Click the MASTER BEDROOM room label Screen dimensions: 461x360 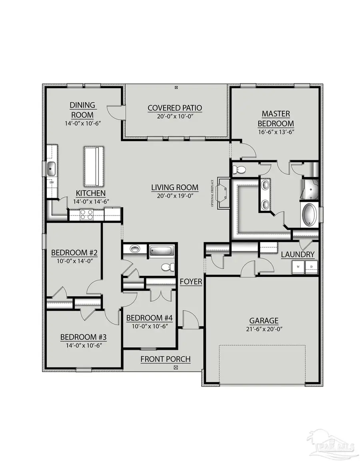[x=276, y=119]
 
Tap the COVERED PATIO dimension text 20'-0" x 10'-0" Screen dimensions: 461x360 [x=174, y=117]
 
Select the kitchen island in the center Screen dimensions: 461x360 [x=93, y=166]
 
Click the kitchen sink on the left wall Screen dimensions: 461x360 [x=51, y=169]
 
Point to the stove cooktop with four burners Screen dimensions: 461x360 [x=87, y=214]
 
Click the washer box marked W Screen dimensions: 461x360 [x=298, y=267]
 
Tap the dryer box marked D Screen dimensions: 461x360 [x=312, y=267]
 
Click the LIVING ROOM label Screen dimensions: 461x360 [x=174, y=187]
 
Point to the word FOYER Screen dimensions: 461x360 [x=191, y=282]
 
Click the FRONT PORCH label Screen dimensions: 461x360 [x=165, y=359]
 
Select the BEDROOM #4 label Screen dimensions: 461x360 [x=149, y=318]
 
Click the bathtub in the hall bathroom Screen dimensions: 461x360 [x=162, y=251]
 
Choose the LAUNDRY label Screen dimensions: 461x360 [x=298, y=255]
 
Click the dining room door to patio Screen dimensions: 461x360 [x=116, y=112]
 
